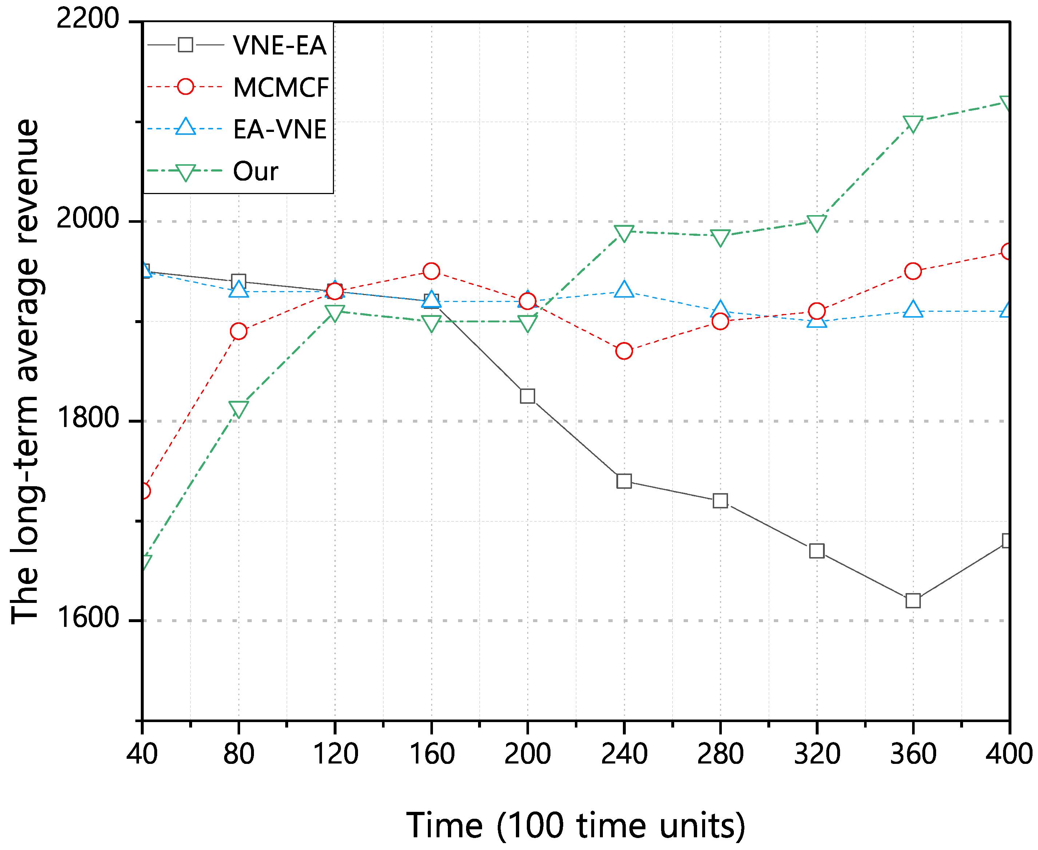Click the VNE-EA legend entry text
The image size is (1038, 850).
coord(279,45)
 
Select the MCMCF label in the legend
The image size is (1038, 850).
coord(280,88)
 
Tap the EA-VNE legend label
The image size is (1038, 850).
coord(279,129)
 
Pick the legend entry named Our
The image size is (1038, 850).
coord(255,172)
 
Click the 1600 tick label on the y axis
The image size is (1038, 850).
coord(88,618)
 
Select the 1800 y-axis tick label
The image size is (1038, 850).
coord(88,418)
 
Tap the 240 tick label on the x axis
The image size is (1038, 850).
coord(624,754)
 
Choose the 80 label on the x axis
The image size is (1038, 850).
coord(239,754)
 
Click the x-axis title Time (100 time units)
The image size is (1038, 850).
coord(576,826)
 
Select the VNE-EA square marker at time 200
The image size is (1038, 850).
coord(527,396)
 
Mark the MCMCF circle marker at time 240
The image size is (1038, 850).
coord(624,351)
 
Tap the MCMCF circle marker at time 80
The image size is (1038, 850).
coord(239,331)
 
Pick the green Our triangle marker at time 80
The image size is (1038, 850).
coord(239,408)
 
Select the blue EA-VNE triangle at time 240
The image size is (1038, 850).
coord(624,289)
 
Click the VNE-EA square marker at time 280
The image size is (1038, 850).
coord(720,500)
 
